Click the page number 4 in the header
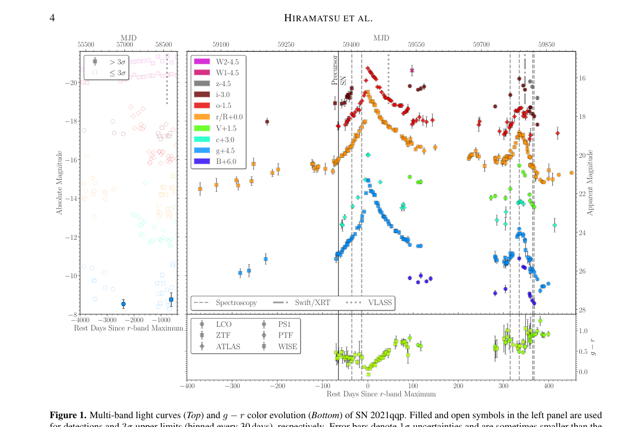point(52,18)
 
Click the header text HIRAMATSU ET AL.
point(328,18)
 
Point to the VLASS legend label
point(380,302)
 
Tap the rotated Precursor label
point(335,70)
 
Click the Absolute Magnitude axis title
point(60,183)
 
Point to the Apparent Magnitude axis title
point(590,183)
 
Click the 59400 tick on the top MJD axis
point(351,45)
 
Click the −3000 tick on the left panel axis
point(106,321)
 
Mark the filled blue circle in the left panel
point(123,304)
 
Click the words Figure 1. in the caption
point(68,415)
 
